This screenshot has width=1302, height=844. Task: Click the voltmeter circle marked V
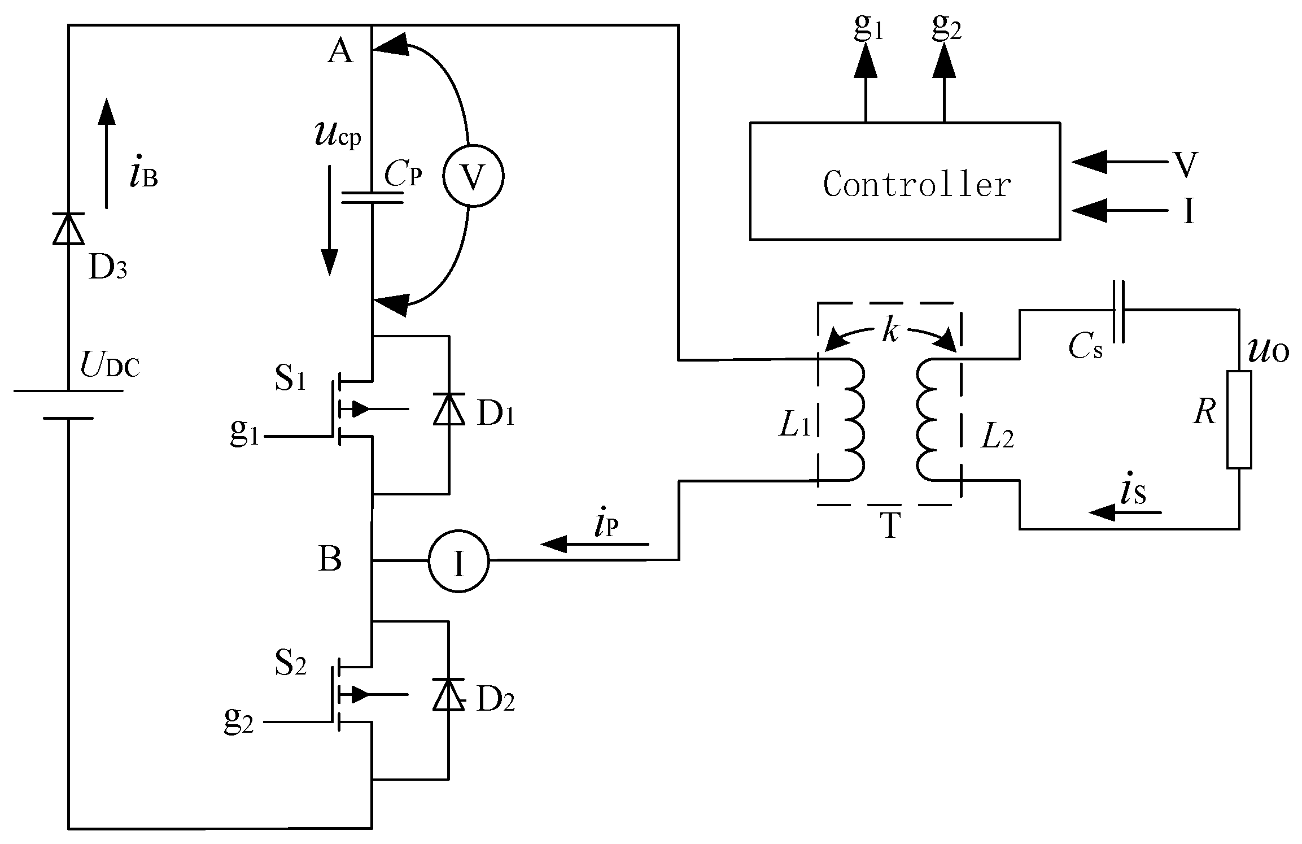(473, 177)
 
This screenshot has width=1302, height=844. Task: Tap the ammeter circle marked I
(458, 561)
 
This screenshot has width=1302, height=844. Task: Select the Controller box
(905, 181)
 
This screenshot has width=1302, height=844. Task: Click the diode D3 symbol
(68, 229)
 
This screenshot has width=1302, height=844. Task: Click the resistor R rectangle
(1239, 420)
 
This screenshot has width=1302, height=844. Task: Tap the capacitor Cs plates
(1119, 311)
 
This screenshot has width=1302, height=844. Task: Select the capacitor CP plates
(373, 197)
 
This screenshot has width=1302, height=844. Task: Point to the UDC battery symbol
(68, 404)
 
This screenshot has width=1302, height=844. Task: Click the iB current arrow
(106, 153)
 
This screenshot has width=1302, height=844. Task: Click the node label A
(340, 52)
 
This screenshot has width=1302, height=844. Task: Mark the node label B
(330, 560)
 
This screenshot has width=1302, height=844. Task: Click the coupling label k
(890, 332)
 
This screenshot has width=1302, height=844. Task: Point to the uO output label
(1268, 351)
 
